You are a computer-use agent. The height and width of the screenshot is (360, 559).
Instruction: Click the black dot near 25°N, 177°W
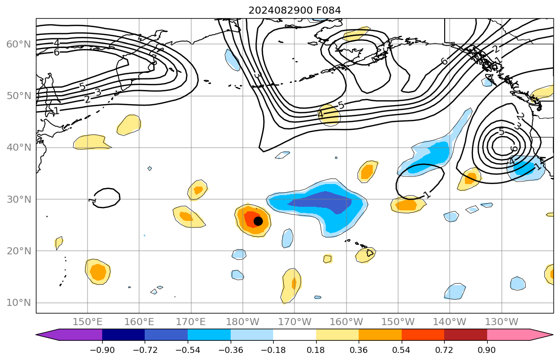tap(258, 221)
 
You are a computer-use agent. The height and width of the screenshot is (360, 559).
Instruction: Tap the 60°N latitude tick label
tap(18, 44)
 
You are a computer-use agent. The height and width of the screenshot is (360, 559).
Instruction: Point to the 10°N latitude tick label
tap(18, 303)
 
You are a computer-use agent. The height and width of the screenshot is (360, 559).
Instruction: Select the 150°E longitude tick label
tap(88, 322)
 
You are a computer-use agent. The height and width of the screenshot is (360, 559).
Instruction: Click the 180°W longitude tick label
tap(243, 322)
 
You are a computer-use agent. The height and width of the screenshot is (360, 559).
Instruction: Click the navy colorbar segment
tap(123, 335)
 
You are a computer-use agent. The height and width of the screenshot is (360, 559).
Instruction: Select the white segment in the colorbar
tap(294, 335)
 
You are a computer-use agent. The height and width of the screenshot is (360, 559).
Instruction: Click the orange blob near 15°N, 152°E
tap(98, 272)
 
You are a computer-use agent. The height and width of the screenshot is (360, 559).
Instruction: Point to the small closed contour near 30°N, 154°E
tap(107, 198)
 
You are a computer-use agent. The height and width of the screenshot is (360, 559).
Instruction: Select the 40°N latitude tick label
tap(18, 148)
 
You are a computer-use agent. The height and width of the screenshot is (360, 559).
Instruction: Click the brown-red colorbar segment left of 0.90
tap(465, 335)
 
